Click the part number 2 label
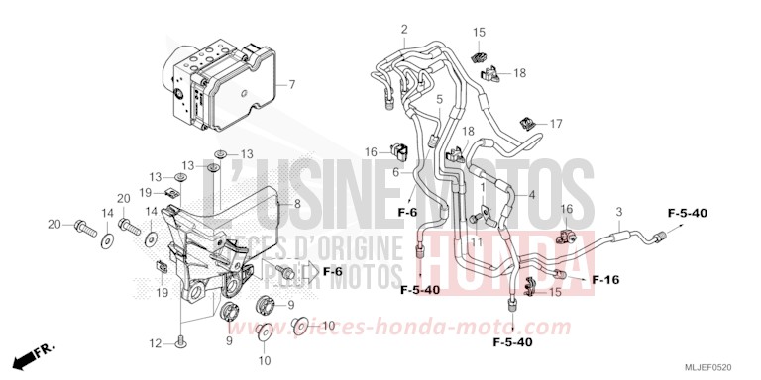pos(404,29)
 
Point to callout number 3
pos(619,212)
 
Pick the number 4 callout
pos(532,196)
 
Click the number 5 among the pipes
pos(439,101)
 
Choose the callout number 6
pos(394,173)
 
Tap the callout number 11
pos(476,241)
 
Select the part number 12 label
pos(155,343)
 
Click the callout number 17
pos(556,124)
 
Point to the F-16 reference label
pos(605,280)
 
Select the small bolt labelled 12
pos(182,341)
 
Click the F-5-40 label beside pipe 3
pos(686,213)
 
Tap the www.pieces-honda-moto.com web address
pos(433,328)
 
